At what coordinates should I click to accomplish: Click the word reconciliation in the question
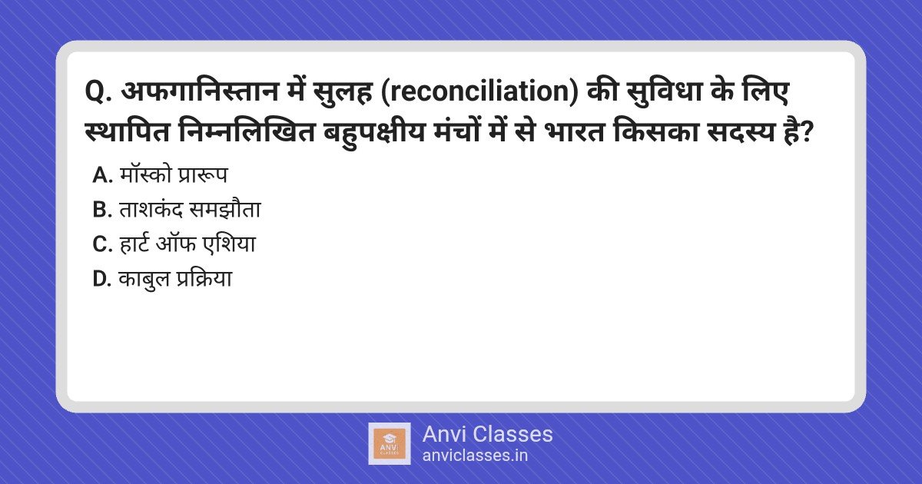pos(480,91)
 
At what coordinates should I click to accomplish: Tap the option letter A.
pos(102,176)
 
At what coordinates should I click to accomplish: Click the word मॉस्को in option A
pos(145,174)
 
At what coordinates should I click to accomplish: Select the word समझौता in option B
pos(224,210)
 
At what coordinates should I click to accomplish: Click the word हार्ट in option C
pos(134,244)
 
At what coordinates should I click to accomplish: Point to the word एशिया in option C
pos(229,244)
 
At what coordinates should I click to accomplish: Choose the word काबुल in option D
pos(144,279)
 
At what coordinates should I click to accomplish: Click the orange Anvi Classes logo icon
pos(390,444)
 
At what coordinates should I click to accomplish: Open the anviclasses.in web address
pos(475,456)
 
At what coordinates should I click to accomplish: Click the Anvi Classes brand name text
pos(487,434)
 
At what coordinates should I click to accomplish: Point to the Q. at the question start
pos(98,92)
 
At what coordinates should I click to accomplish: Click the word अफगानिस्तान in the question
pos(200,91)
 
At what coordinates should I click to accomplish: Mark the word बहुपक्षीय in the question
pos(373,134)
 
